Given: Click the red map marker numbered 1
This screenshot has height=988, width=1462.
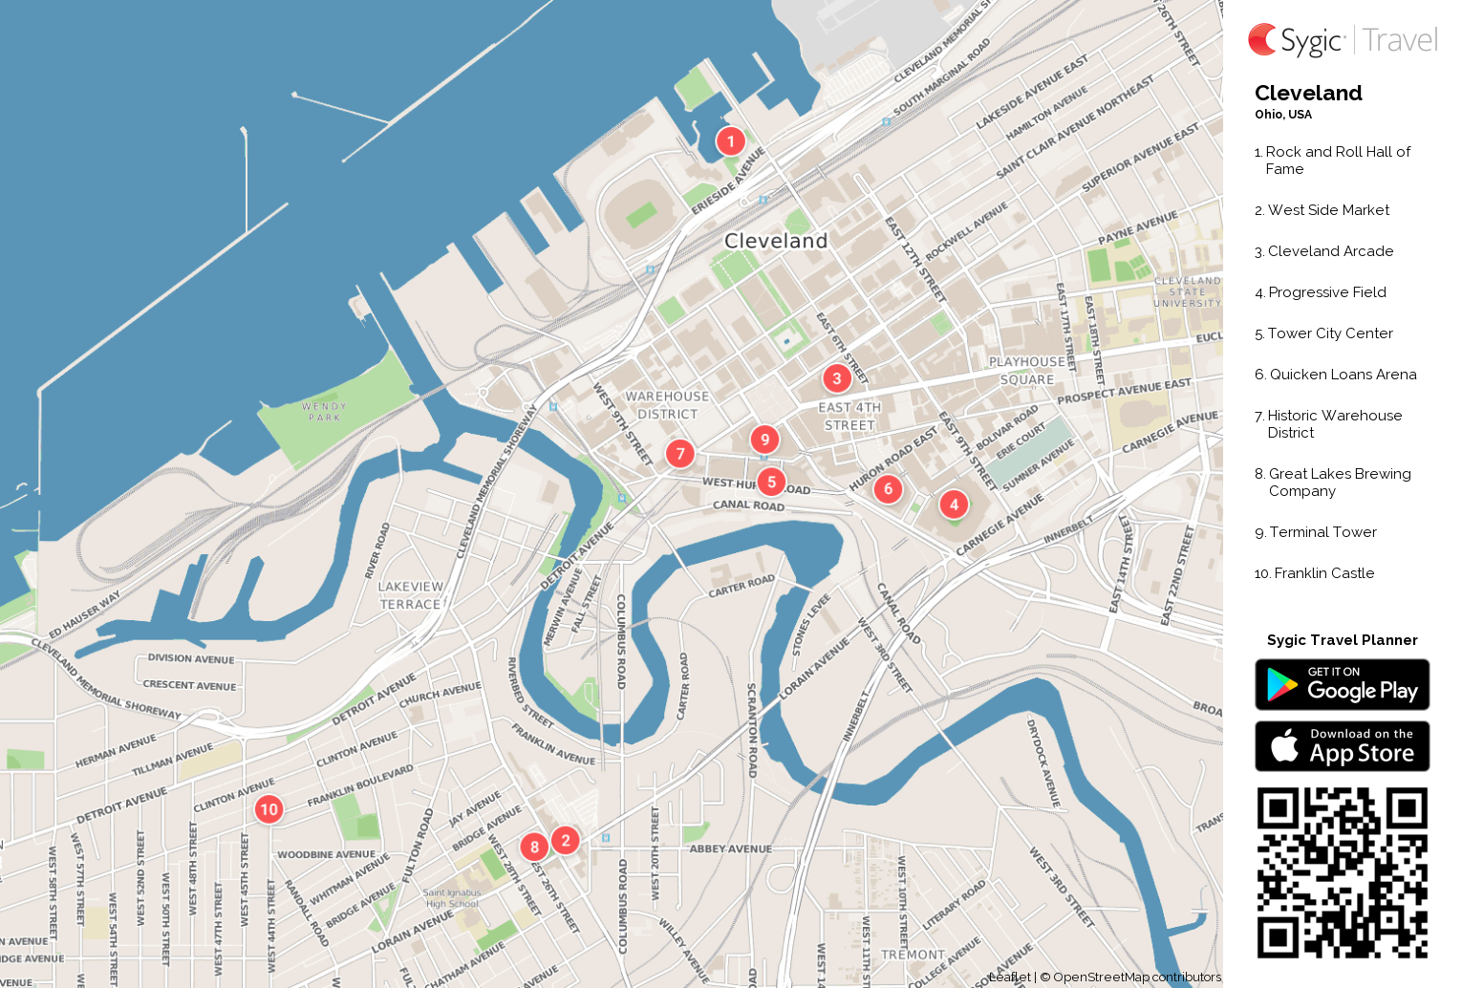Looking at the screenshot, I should [731, 141].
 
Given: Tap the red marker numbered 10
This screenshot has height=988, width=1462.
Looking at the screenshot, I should [269, 809].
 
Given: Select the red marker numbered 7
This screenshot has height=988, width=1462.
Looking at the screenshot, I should [679, 453].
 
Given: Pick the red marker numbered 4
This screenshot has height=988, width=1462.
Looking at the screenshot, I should [954, 505].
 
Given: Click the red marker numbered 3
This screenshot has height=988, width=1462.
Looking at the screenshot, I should [837, 378].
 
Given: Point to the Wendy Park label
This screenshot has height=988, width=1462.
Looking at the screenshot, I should [324, 412].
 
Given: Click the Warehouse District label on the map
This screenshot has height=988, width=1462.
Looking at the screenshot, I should [667, 405].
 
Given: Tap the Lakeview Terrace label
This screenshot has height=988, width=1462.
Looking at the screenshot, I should [411, 595].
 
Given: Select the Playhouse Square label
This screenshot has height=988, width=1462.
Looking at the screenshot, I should [1027, 371].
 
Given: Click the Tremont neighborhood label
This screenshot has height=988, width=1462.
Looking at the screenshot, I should [913, 955].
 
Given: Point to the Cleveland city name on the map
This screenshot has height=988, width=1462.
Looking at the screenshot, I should [776, 241].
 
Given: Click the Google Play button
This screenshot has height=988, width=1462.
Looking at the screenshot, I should [1342, 685].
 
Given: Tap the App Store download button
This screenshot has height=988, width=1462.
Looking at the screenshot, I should [1342, 746].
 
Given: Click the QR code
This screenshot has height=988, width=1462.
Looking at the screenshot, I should [1342, 872].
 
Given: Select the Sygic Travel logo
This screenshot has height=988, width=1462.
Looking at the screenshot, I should [1342, 40].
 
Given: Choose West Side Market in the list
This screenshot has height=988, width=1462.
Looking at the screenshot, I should [1328, 210].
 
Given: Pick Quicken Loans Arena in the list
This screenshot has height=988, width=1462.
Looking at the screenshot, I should [1343, 375].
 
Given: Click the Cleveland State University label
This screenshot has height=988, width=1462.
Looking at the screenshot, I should [1187, 292].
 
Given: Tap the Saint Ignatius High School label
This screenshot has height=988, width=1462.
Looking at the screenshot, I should [452, 898].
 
